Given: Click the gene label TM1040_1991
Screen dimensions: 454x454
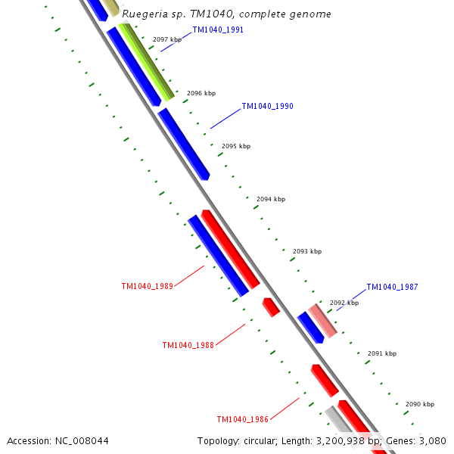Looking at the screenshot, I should tap(218, 30).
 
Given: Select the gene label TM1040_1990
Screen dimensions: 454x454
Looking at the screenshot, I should tap(267, 107).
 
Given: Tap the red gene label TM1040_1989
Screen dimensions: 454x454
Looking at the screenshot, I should tap(148, 287).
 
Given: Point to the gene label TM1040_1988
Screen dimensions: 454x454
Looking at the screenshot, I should tap(188, 345).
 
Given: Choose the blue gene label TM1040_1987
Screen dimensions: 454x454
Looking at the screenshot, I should tap(392, 288).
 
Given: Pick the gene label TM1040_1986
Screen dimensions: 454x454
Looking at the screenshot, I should tap(243, 419).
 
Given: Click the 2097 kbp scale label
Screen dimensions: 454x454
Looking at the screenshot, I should tap(167, 39).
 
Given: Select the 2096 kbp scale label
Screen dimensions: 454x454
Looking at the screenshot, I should tap(201, 93).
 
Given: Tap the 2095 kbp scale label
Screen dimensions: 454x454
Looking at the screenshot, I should tap(236, 146).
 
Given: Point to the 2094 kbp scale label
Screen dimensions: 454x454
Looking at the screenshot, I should tap(271, 199).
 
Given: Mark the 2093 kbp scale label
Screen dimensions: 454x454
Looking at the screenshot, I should tap(307, 251).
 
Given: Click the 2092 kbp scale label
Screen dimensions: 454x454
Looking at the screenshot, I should tap(344, 303).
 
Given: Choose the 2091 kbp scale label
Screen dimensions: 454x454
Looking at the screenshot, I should tap(382, 353).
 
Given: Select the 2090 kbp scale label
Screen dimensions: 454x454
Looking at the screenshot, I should tap(420, 404).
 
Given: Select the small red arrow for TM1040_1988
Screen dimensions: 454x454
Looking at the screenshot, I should tap(271, 307).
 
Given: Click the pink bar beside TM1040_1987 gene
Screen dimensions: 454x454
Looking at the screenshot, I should tap(322, 319).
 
